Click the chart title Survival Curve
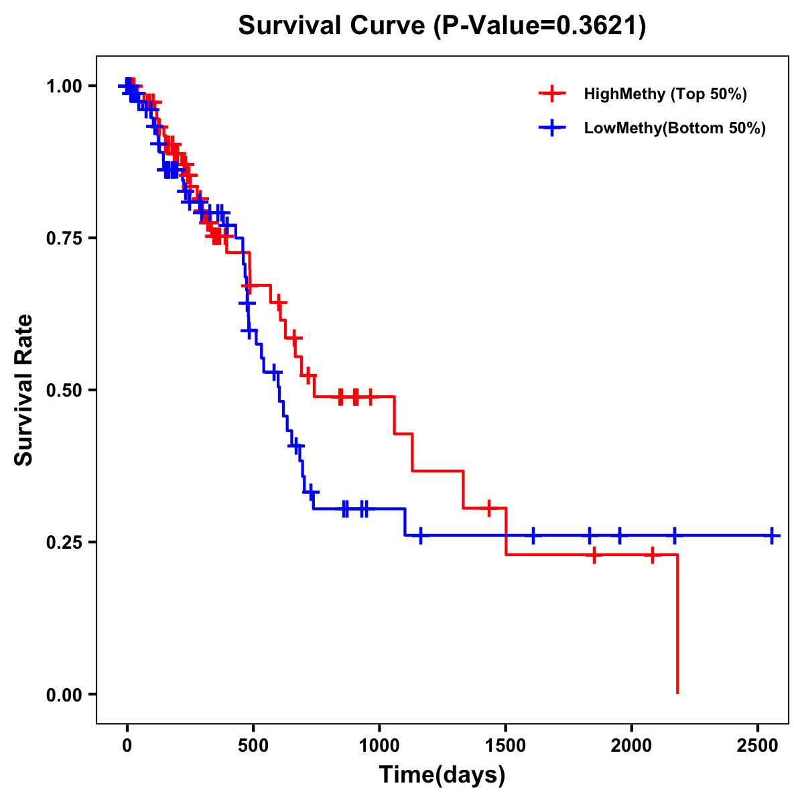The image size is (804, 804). [x=442, y=26]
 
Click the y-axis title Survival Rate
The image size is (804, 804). [x=24, y=390]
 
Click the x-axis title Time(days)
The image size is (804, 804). [x=442, y=775]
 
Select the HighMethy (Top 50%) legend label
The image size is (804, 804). [x=665, y=94]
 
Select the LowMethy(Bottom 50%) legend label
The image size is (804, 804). [x=675, y=128]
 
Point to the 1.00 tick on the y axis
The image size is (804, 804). [x=64, y=86]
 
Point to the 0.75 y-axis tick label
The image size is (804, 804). [x=64, y=238]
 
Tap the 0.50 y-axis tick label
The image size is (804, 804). [x=64, y=390]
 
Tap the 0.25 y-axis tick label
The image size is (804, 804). [x=64, y=542]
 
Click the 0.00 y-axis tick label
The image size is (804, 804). [x=64, y=694]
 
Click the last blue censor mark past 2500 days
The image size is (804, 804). [x=772, y=536]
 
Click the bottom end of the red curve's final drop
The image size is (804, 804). [x=677, y=693]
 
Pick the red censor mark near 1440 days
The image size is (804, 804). [x=489, y=509]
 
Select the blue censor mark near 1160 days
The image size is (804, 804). [x=420, y=536]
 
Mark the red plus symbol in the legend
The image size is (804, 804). [x=552, y=94]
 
